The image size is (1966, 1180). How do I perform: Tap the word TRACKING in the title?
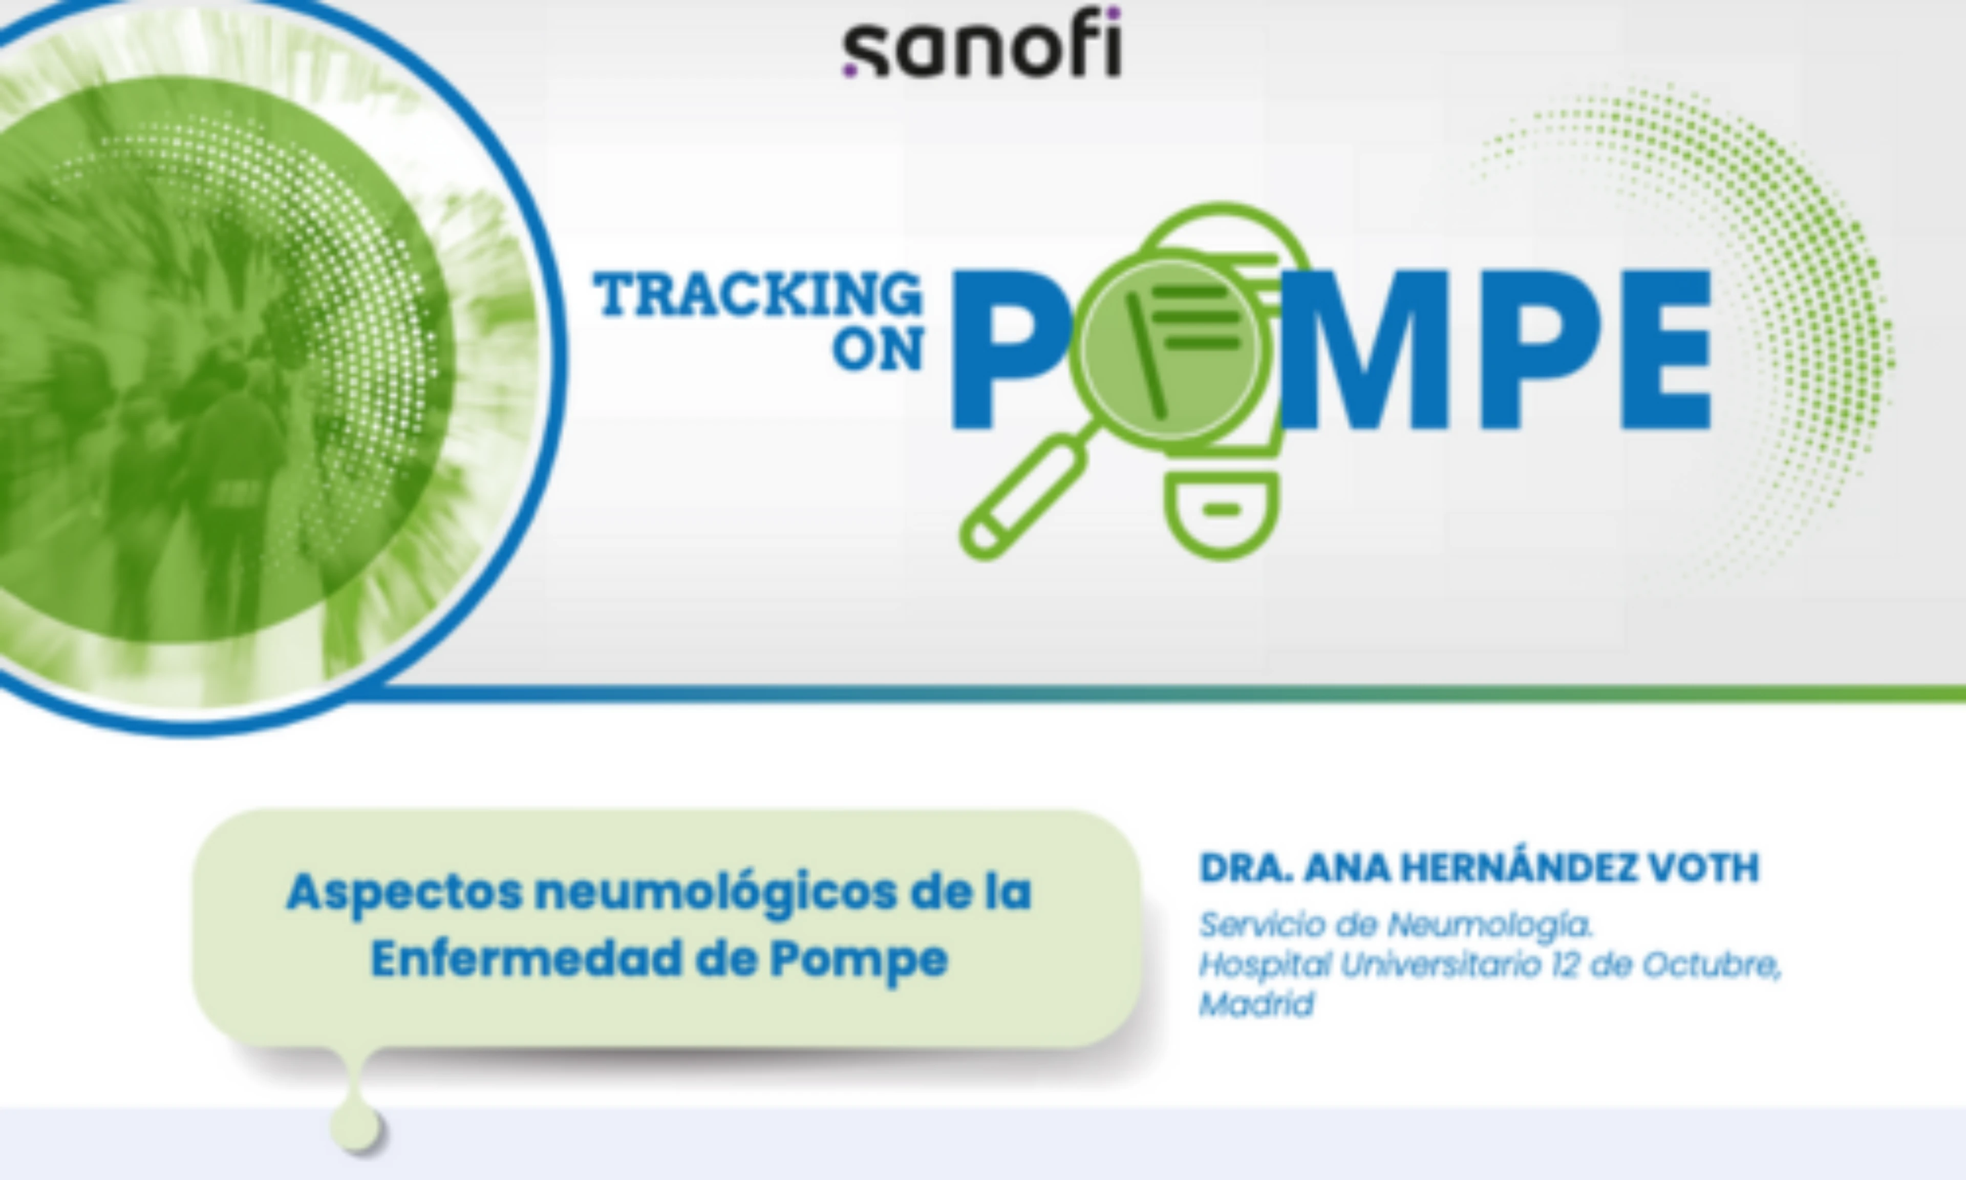759,294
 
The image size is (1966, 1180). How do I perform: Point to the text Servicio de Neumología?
1396,925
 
